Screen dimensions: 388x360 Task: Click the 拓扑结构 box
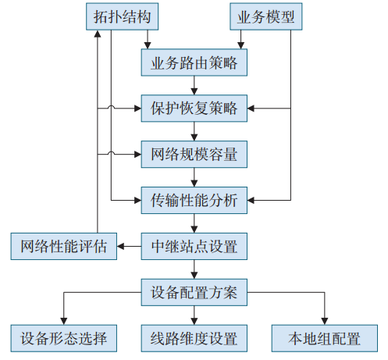coord(122,16)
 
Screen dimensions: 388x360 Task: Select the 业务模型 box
coord(266,16)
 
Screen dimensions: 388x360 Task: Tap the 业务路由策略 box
coord(194,62)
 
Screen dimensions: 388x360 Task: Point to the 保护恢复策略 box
coord(194,109)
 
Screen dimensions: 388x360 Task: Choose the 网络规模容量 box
coord(194,155)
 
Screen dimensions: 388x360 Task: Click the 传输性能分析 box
coord(194,200)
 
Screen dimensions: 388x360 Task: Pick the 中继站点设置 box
coord(194,246)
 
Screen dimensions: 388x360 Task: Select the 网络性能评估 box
coord(64,246)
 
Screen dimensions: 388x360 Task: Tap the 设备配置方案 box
coord(194,292)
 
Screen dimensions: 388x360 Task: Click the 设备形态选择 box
coord(64,338)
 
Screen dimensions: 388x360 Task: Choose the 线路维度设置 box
coord(194,338)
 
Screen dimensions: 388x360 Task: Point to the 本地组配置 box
coord(325,338)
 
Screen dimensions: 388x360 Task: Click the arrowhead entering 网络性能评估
coord(120,246)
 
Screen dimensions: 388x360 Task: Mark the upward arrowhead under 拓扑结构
coord(98,34)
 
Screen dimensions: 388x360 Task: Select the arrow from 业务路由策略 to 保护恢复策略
coord(194,85)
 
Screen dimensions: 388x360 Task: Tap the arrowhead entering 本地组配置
coord(325,321)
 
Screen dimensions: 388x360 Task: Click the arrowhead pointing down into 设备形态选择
coord(64,321)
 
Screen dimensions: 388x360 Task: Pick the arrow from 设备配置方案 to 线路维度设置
coord(194,315)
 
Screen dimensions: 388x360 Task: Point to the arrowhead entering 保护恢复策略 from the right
coord(251,109)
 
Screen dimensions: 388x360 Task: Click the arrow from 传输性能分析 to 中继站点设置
coord(194,223)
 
